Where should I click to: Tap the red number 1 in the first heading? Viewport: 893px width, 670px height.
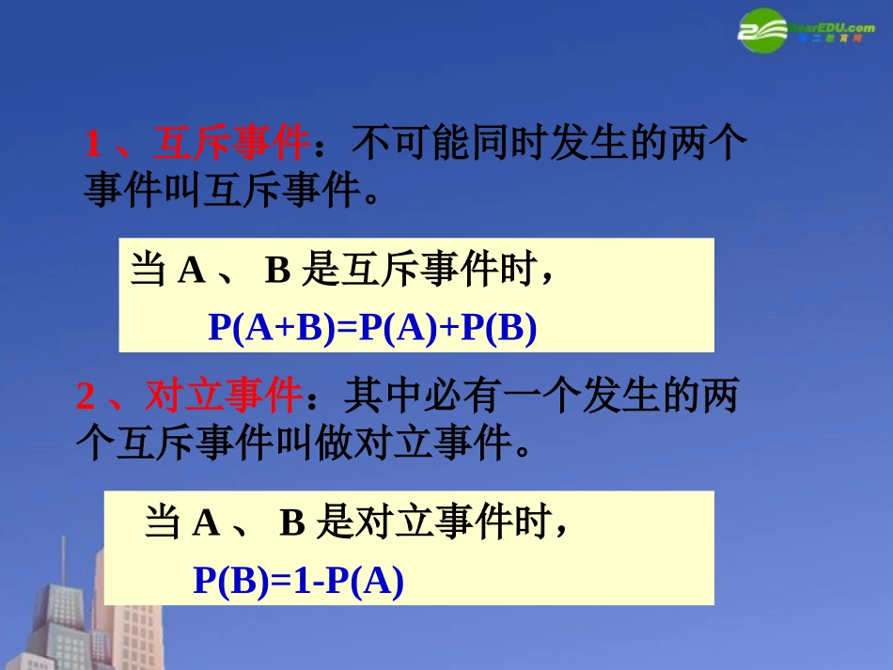93,146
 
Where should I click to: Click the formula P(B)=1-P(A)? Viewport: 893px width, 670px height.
298,582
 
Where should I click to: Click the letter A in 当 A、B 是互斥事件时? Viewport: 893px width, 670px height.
192,272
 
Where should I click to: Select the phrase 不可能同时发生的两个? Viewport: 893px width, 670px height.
550,145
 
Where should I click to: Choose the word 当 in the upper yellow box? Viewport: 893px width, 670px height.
149,272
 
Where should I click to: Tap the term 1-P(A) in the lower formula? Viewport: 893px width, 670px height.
351,582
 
